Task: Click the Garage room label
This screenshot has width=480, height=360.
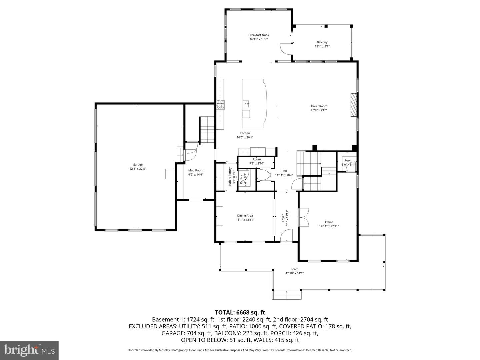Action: (x=138, y=165)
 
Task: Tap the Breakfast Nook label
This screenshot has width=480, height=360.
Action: (x=258, y=35)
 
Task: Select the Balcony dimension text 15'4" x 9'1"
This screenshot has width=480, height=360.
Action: (x=322, y=47)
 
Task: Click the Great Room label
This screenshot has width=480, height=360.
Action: (x=319, y=106)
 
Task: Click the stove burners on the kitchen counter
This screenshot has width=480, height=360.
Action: (x=221, y=105)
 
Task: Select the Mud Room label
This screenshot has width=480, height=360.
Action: (x=196, y=170)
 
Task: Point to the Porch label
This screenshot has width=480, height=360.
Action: (x=294, y=269)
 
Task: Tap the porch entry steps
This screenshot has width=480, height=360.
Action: (x=287, y=295)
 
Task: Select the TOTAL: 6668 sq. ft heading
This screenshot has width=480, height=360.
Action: (x=240, y=312)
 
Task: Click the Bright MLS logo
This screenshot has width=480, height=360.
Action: (x=29, y=350)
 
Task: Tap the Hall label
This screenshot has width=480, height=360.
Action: (x=284, y=171)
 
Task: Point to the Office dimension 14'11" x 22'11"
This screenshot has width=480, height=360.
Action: (x=329, y=226)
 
